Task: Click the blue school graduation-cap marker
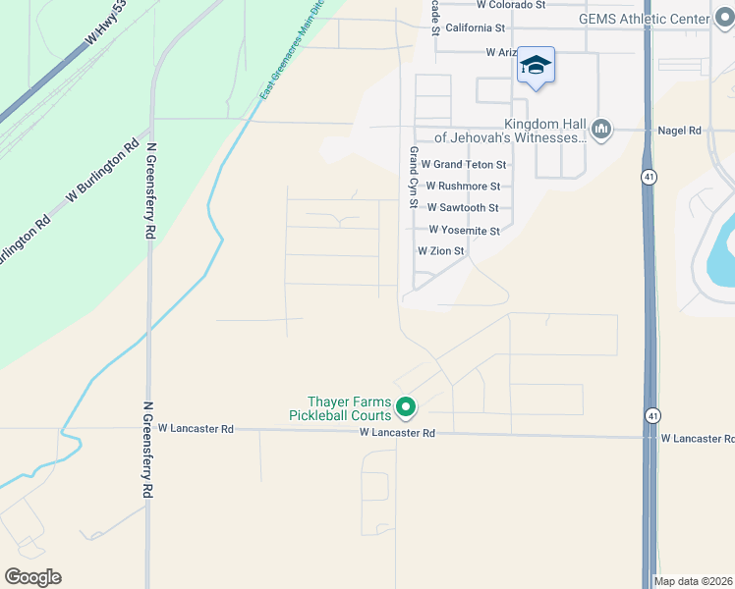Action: [536, 66]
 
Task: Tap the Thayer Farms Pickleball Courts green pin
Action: [406, 405]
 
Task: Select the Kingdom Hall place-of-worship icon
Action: [601, 129]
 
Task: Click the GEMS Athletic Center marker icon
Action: [725, 19]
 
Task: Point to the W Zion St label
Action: [440, 251]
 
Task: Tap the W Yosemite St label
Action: [464, 231]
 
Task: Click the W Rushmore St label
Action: [464, 186]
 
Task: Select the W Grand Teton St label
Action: [464, 165]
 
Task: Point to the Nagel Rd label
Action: [680, 131]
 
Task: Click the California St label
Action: [475, 28]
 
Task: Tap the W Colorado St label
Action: [511, 5]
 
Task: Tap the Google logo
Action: [32, 577]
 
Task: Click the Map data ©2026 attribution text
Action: [694, 581]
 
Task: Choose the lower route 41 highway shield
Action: [652, 415]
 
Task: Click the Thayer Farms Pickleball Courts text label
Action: [339, 408]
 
